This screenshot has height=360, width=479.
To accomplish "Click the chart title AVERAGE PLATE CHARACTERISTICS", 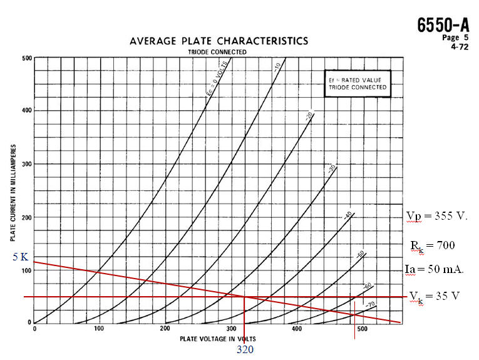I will pyautogui.click(x=219, y=41).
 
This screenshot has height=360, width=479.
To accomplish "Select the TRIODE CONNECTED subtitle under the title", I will pyautogui.click(x=218, y=51).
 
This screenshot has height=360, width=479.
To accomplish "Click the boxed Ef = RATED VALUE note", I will pyautogui.click(x=357, y=84).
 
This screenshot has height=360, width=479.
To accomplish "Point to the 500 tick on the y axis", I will pyautogui.click(x=27, y=58).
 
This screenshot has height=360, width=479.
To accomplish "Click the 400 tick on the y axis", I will pyautogui.click(x=27, y=111).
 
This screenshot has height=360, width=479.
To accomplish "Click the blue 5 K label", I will pyautogui.click(x=20, y=257).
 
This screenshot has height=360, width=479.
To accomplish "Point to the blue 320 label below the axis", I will pyautogui.click(x=245, y=349).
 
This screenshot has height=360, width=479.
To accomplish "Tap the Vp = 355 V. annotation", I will pyautogui.click(x=437, y=216).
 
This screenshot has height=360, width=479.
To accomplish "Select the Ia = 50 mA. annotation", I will pyautogui.click(x=434, y=270).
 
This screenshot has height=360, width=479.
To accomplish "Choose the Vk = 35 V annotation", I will pyautogui.click(x=435, y=295).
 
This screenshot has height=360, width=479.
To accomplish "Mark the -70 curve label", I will pyautogui.click(x=371, y=305).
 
